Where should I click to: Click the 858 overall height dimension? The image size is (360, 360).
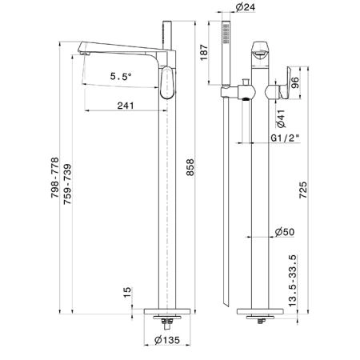point(190,167)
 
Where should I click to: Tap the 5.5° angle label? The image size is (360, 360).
point(121,77)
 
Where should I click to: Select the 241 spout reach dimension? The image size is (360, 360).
point(126,106)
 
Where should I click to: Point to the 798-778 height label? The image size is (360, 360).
point(54,178)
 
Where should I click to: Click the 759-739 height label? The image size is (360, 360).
point(67,184)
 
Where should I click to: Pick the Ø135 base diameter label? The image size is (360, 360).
point(167,340)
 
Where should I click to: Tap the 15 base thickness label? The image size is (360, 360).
point(128,293)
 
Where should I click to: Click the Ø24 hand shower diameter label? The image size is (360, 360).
point(246,7)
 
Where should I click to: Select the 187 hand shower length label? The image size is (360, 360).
point(204,53)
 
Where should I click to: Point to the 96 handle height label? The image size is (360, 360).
point(295,83)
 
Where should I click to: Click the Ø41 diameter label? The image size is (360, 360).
point(281,118)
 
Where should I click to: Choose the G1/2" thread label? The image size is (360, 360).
point(285,138)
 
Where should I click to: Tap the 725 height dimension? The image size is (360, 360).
point(303,190)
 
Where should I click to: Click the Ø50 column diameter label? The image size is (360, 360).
point(285,232)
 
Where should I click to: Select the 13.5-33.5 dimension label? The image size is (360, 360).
point(293,281)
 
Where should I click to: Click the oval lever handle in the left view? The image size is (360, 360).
point(167,82)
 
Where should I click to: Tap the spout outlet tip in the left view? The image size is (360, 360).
point(85,54)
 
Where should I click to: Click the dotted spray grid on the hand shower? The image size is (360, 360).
point(226,34)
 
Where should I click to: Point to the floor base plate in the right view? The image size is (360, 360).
point(260,311)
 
